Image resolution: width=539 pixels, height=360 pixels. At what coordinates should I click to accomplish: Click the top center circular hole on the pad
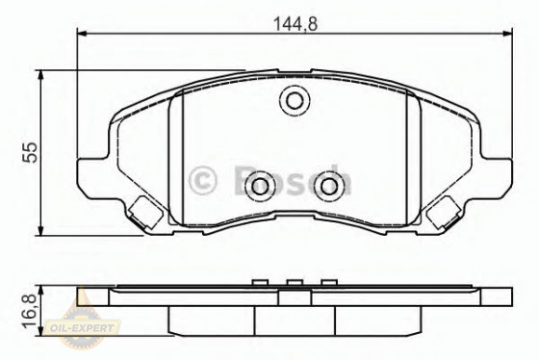click(293, 99)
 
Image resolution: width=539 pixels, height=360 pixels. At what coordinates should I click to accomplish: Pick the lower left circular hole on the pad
click(258, 186)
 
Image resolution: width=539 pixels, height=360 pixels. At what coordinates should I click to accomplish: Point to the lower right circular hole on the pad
click(329, 186)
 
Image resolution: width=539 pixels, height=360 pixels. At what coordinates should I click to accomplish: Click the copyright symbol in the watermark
click(204, 179)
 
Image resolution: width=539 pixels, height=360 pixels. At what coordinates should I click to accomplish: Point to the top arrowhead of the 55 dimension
click(40, 74)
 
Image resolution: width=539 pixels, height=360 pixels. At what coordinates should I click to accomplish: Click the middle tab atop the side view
click(293, 282)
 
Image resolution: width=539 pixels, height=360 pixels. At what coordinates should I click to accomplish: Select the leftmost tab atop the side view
click(258, 282)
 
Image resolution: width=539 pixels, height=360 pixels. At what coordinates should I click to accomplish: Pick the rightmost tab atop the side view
click(329, 282)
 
